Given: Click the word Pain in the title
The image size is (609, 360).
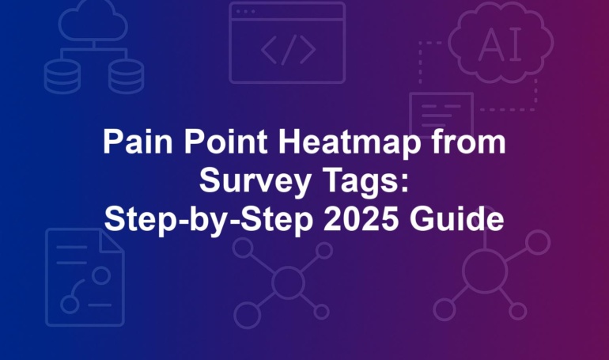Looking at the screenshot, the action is point(138,142).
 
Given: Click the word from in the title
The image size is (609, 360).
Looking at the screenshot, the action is point(469,142).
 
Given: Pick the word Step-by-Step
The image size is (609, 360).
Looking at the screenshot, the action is point(209,221).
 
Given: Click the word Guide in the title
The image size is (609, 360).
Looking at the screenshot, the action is point(457,219).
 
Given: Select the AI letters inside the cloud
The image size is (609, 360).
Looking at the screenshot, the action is point(500,44).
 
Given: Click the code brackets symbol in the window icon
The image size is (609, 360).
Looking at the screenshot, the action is point(288,50).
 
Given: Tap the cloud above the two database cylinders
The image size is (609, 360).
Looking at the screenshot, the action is point(93,21).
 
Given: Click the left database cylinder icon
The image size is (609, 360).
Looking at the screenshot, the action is point(62,77).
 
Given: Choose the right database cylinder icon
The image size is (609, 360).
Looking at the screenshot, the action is point(127,77).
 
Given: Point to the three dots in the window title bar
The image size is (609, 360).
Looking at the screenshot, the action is point(245,12).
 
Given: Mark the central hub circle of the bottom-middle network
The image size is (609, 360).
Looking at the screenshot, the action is point(288,282).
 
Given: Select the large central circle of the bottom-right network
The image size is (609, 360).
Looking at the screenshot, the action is point(485,271).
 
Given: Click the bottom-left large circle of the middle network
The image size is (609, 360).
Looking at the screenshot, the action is point(247,315).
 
